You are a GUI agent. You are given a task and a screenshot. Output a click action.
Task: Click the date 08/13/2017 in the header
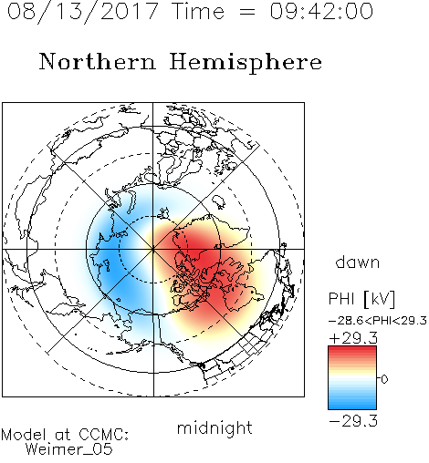tap(83, 12)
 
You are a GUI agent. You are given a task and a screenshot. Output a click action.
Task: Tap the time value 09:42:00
tap(321, 12)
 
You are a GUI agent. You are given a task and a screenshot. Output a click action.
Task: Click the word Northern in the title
tap(98, 62)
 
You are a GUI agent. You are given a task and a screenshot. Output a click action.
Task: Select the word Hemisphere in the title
tap(246, 63)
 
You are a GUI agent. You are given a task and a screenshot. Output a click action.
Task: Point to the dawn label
tap(358, 262)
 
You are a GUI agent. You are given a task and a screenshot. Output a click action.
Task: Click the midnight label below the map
tap(214, 428)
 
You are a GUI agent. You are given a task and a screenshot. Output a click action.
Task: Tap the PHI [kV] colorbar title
tap(361, 299)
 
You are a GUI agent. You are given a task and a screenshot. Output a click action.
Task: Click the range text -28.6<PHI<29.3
tap(378, 321)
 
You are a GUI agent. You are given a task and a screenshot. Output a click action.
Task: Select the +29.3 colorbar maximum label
tap(353, 338)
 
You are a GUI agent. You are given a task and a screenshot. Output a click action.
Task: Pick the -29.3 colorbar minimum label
tap(353, 421)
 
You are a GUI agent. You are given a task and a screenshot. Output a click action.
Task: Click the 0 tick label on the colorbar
tap(384, 379)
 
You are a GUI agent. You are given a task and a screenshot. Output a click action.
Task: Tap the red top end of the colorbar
tap(352, 348)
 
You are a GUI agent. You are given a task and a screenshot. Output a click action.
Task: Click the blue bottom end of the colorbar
tap(352, 406)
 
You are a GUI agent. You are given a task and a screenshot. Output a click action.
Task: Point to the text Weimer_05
tap(69, 448)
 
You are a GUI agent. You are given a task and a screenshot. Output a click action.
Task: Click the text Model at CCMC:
tap(65, 435)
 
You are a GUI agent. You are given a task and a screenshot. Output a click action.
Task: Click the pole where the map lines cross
tap(153, 249)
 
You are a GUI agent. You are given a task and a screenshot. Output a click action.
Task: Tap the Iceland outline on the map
tap(219, 201)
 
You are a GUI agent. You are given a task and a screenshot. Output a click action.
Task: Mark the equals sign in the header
tap(246, 12)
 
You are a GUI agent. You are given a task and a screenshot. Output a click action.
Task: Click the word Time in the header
tap(198, 12)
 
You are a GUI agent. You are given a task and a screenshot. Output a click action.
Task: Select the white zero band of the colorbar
tap(352, 378)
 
